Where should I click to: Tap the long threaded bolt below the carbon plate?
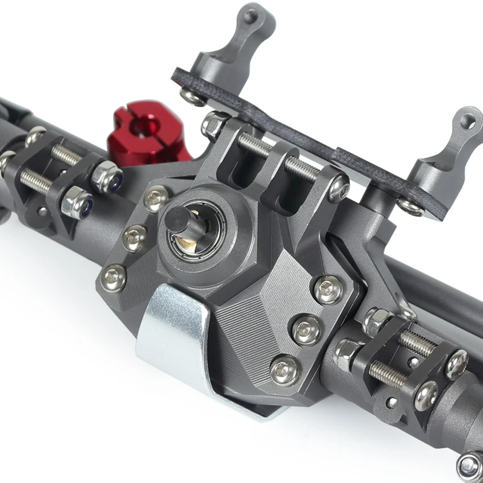(x=278, y=157)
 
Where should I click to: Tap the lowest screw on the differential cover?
(x=284, y=369)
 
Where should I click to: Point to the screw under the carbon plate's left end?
(x=193, y=97)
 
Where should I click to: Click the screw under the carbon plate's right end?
(x=411, y=206)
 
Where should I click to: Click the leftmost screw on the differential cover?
(x=114, y=277)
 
